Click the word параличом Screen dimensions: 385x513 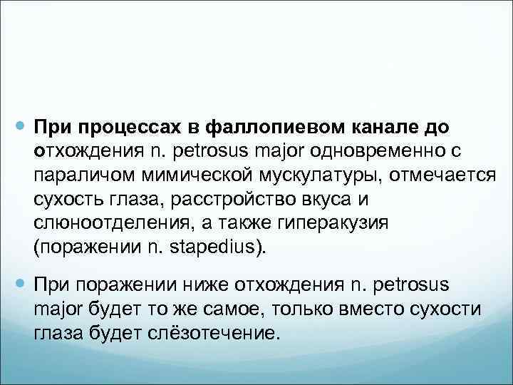click(76, 175)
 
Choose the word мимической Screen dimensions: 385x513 click(187, 175)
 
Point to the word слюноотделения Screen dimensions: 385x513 click(100, 222)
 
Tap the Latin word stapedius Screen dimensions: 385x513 click(217, 247)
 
